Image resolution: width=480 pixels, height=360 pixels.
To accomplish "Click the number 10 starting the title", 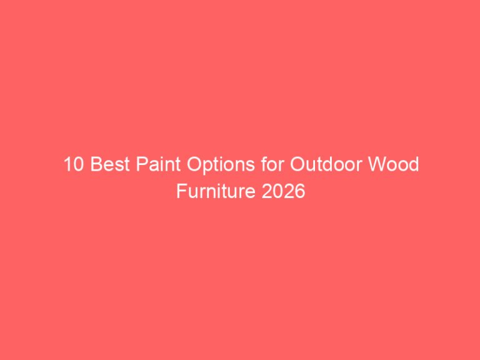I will [72, 166].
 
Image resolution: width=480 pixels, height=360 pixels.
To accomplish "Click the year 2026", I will [284, 191].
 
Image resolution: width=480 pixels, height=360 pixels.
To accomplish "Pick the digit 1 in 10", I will [67, 166].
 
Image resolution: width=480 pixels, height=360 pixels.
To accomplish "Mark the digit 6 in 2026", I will [300, 191].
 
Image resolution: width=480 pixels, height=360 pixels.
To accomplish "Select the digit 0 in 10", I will [77, 166].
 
